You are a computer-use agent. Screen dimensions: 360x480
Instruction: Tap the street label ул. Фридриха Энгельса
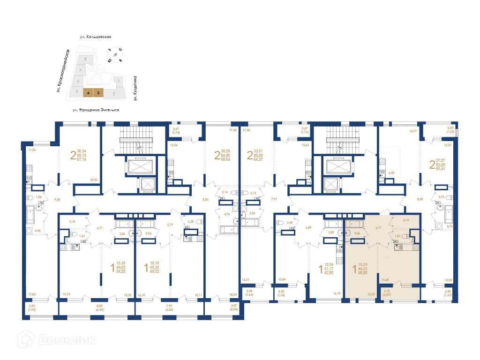pyautogui.click(x=96, y=109)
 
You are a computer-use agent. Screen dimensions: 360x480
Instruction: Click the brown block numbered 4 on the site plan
pyautogui.click(x=88, y=93)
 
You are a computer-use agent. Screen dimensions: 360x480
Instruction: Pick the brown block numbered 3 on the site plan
pyautogui.click(x=98, y=93)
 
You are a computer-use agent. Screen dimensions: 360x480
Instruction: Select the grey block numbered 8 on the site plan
pyautogui.click(x=85, y=59)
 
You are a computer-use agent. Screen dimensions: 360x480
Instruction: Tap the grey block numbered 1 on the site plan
pyautogui.click(x=119, y=82)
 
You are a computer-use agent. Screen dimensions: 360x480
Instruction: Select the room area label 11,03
pyautogui.click(x=32, y=150)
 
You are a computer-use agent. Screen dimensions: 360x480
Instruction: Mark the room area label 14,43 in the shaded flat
pyautogui.click(x=385, y=280)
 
